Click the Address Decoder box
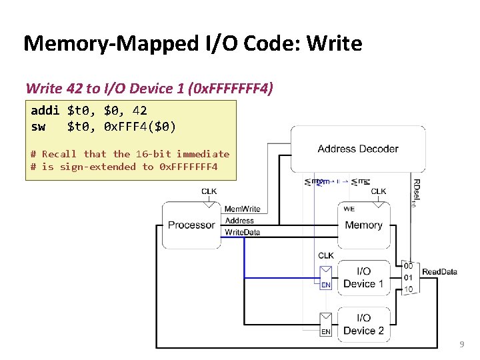coord(358,149)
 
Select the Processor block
coord(191,225)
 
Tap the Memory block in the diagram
coord(363,225)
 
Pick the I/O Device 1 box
coord(363,277)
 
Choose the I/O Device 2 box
coord(363,324)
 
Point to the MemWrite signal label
coord(243,209)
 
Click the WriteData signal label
coord(243,232)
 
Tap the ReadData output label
coord(439,271)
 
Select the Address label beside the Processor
coord(239,221)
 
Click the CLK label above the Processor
coord(209,192)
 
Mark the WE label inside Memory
coord(349,209)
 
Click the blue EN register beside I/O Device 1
coord(326,277)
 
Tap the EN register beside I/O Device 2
coord(326,324)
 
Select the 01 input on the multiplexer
coord(408,277)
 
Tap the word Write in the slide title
coord(331,44)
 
